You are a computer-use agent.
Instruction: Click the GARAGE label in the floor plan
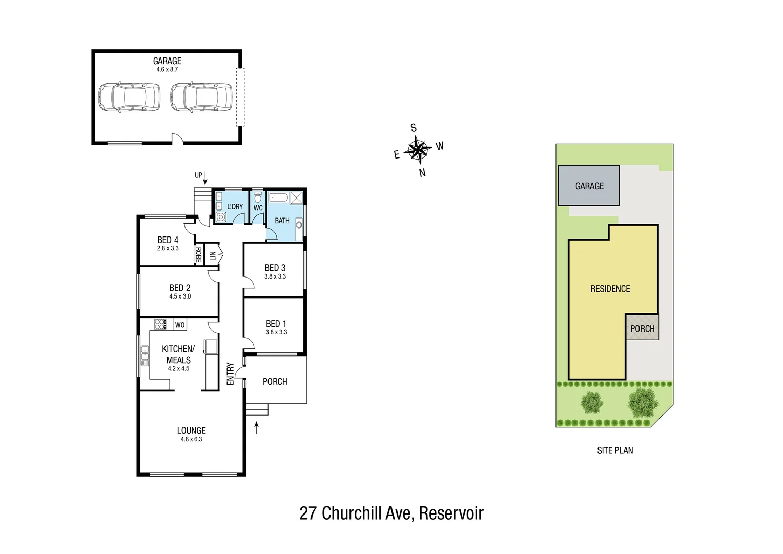(x=167, y=61)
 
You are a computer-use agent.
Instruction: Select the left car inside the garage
(x=129, y=96)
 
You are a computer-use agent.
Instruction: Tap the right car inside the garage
(x=201, y=96)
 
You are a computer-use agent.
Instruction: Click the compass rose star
(x=418, y=150)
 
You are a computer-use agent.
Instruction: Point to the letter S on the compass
(x=414, y=128)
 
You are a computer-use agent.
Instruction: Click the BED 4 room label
(x=168, y=240)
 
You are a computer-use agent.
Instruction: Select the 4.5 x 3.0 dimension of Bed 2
(x=180, y=296)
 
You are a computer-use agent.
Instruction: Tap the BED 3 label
(x=275, y=268)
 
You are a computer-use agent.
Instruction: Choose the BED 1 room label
(x=276, y=324)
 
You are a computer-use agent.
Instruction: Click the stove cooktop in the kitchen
(x=160, y=324)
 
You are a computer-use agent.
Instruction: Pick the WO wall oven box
(x=180, y=325)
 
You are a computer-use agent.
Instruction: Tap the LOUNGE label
(x=191, y=431)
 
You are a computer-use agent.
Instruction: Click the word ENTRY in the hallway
(x=230, y=374)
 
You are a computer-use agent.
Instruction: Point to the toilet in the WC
(x=258, y=197)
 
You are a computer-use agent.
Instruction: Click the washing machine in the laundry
(x=221, y=217)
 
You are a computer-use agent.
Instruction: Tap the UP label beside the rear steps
(x=198, y=175)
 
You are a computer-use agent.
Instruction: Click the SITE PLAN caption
(x=615, y=450)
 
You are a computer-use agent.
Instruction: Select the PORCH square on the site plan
(x=642, y=328)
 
